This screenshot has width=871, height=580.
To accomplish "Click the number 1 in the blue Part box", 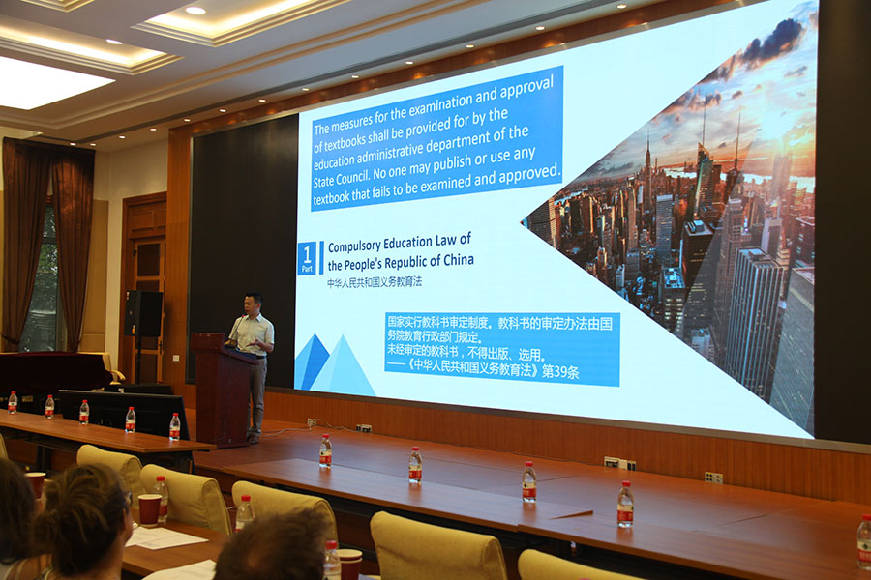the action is click(x=307, y=255).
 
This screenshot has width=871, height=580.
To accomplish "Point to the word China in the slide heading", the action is click(x=459, y=259).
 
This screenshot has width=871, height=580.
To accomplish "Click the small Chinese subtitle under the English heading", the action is click(x=375, y=282).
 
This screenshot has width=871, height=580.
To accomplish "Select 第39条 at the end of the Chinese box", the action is click(x=560, y=372).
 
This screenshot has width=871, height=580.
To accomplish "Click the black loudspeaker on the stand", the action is click(x=143, y=313).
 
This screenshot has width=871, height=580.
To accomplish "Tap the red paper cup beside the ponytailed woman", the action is click(x=149, y=509).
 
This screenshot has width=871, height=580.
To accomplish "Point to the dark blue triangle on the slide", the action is click(x=310, y=361).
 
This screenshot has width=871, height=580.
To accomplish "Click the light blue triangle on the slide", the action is click(x=344, y=369).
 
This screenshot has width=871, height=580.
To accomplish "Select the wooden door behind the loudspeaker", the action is click(x=143, y=289).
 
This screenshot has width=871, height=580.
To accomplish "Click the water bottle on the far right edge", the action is click(x=864, y=541).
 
